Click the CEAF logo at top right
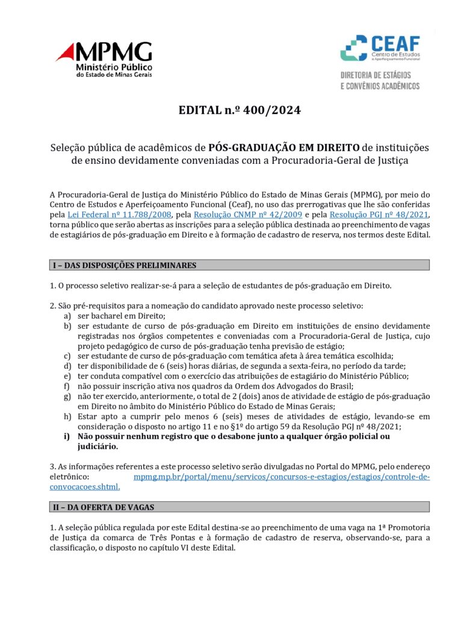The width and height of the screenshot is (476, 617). [380, 48]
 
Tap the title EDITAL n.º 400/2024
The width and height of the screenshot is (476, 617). [239, 110]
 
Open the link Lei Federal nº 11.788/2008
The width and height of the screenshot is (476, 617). [119, 215]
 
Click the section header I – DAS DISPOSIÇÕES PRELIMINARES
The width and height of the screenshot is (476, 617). [123, 265]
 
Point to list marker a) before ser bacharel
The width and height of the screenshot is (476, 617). [67, 316]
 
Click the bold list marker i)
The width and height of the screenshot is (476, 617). [67, 436]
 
